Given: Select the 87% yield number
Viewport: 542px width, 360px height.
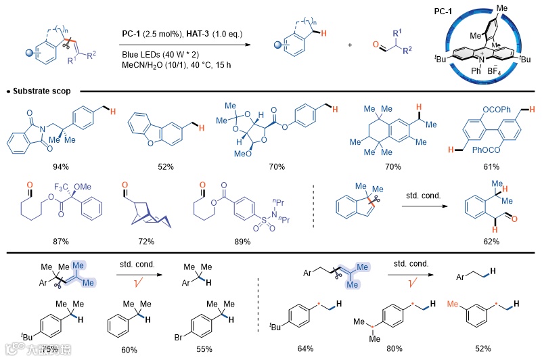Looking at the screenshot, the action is point(51,241).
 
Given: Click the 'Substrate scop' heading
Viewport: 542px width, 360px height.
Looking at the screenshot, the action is point(45,90).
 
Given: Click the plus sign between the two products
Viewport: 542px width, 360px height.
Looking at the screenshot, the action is point(351,44).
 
